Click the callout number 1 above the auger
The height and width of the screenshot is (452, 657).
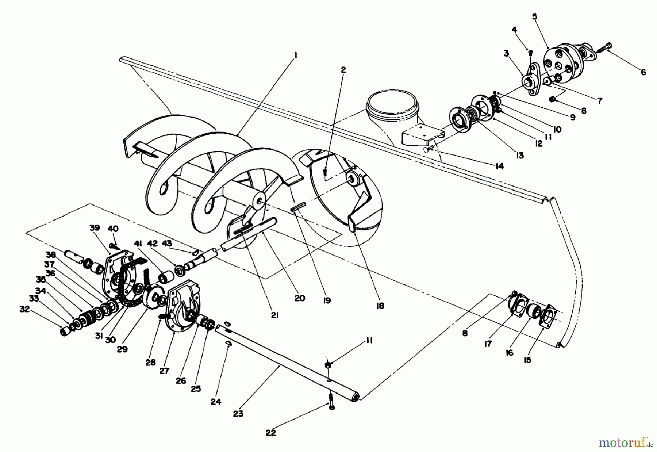(296, 55)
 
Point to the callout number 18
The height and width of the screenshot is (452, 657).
(380, 306)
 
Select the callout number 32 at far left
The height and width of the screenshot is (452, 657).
(24, 310)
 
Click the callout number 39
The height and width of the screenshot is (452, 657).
(95, 228)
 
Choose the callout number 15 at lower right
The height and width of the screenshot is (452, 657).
(527, 360)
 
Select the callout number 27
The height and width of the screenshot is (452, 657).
(164, 371)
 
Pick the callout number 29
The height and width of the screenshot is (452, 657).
(122, 349)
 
